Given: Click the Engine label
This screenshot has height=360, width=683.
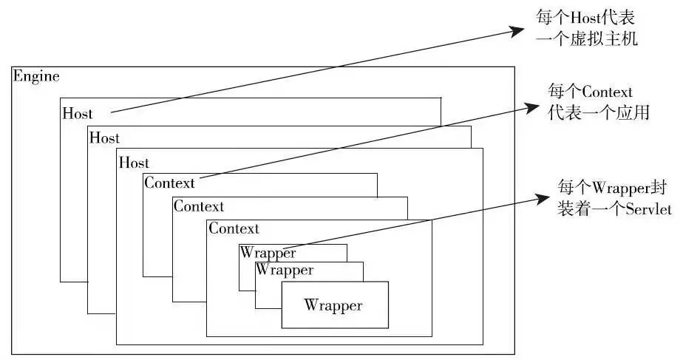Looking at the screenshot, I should click(x=36, y=76).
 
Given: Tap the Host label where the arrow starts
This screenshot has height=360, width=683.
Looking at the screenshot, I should click(x=78, y=114).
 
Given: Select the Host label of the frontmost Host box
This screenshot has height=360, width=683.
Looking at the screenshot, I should click(x=134, y=163).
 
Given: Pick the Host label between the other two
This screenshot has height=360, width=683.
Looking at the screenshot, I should click(x=104, y=137).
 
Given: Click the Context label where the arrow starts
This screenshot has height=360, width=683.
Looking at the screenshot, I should click(x=169, y=183).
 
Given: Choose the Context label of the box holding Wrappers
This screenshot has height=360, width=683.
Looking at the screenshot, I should click(x=234, y=228).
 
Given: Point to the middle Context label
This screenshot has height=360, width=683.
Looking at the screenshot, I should click(x=199, y=206).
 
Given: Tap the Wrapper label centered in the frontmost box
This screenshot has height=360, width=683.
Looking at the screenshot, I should click(x=333, y=305).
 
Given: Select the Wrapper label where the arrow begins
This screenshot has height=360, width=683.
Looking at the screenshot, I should click(x=268, y=253).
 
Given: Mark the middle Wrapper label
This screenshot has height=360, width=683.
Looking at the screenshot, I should click(x=284, y=271).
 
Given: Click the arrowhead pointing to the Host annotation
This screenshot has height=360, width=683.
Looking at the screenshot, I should click(x=515, y=31).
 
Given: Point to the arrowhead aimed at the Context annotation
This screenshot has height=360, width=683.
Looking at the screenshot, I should click(x=532, y=106).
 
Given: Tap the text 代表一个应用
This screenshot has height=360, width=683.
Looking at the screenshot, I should click(x=599, y=115).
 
